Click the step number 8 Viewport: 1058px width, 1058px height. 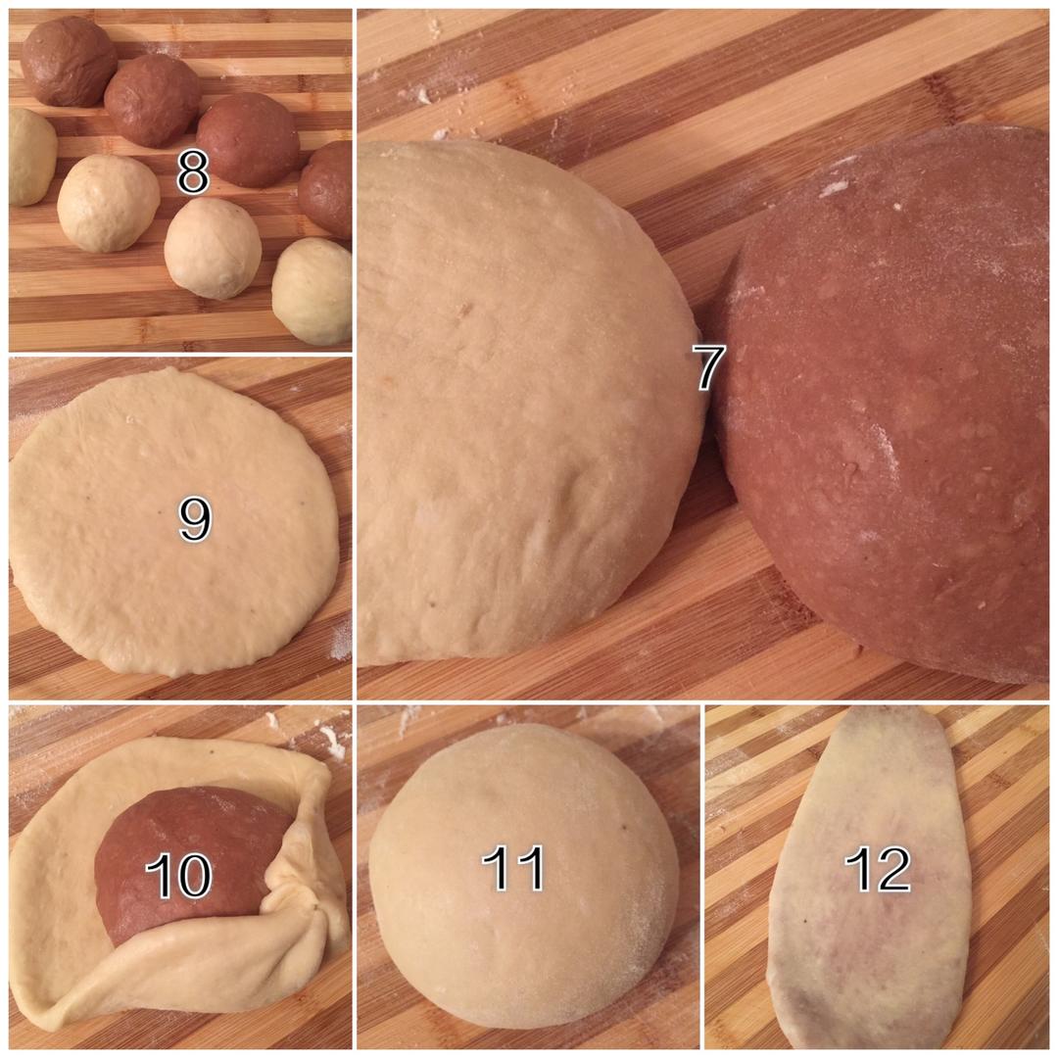coord(192,172)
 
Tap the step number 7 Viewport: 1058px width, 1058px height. coord(709,367)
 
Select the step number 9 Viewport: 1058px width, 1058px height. coord(195,519)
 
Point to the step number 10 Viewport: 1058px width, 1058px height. coord(179,875)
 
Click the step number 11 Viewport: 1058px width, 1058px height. coord(512,867)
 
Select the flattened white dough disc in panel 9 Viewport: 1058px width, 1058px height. coord(174,521)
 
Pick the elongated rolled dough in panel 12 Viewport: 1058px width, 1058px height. coord(872,877)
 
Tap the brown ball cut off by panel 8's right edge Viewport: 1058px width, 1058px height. coord(326,181)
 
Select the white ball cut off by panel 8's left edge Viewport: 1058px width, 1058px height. coord(31,157)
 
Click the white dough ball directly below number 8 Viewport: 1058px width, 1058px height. coord(213,248)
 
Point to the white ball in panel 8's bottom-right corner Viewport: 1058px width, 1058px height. coord(313,291)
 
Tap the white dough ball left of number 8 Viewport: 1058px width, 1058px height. coord(108,203)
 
